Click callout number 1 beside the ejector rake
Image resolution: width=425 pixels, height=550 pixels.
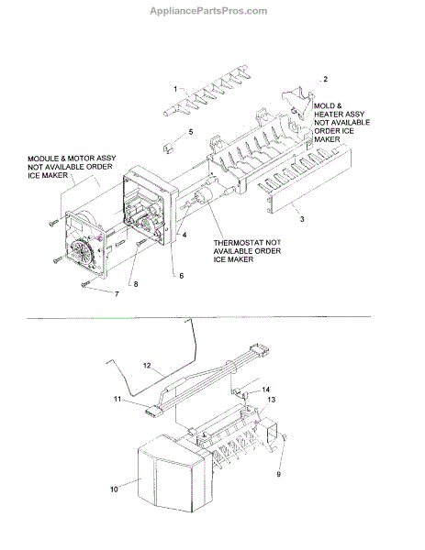coord(175,89)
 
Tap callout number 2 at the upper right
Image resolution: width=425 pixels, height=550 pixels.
coord(325,79)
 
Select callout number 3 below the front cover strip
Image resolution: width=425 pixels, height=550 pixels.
coord(302,219)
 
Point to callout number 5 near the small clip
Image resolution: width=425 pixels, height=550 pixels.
coord(191,132)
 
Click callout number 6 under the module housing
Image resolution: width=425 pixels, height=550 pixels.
coord(181,276)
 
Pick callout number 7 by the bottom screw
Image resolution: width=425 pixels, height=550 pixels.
coord(117,294)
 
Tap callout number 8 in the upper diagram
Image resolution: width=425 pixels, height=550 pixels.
coord(136,284)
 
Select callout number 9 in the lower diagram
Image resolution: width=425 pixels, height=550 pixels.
coord(278,474)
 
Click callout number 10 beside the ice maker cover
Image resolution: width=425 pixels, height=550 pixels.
coord(114,489)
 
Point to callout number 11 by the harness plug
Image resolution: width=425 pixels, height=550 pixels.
coord(117,399)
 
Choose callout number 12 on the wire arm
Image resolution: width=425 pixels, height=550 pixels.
coord(147,366)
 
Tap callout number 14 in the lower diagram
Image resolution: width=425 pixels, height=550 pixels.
coord(266,390)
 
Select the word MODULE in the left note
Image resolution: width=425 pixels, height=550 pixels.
coord(41,159)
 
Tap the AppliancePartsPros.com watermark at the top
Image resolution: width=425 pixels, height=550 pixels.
coord(208,11)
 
